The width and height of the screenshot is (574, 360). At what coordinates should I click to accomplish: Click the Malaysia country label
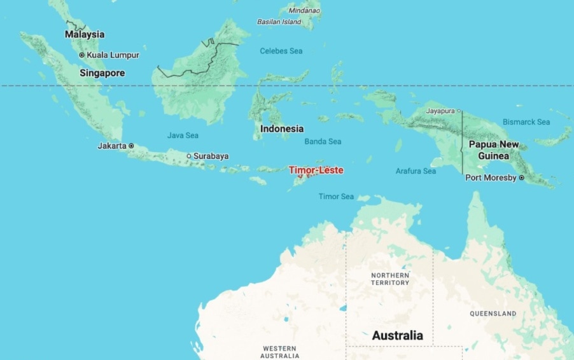[x=85, y=34]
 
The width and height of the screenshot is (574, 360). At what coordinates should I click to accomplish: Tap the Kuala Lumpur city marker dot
[x=81, y=55]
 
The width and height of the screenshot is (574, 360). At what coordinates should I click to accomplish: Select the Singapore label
[x=102, y=73]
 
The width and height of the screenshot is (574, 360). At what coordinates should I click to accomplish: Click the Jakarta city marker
[x=132, y=146]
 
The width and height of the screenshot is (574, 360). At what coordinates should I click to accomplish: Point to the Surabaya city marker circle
[x=188, y=156]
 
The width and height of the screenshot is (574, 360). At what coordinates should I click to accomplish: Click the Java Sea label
[x=183, y=135]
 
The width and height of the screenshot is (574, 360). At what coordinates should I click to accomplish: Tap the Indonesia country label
[x=282, y=128]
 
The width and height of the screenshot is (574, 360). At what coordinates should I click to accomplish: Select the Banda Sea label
[x=323, y=141]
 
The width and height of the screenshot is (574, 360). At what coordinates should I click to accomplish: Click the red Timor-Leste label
[x=316, y=170]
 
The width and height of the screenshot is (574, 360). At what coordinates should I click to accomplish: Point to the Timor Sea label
[x=336, y=197]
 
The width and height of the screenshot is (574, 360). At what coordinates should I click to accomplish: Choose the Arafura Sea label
[x=416, y=171]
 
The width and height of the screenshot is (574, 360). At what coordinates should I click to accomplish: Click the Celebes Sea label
[x=281, y=51]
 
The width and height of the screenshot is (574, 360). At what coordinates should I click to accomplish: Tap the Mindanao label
[x=304, y=10]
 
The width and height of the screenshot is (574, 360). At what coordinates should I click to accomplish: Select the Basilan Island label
[x=279, y=22]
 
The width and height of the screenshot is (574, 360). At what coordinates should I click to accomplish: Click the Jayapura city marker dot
[x=459, y=111]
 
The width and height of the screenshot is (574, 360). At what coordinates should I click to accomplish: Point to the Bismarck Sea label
[x=526, y=121]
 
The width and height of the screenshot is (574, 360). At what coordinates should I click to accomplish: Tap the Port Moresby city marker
[x=521, y=178]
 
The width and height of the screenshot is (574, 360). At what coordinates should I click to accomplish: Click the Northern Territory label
[x=389, y=279]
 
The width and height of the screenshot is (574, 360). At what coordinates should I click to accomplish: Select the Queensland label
[x=493, y=314]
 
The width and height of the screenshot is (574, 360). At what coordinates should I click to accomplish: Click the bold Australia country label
[x=397, y=335]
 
